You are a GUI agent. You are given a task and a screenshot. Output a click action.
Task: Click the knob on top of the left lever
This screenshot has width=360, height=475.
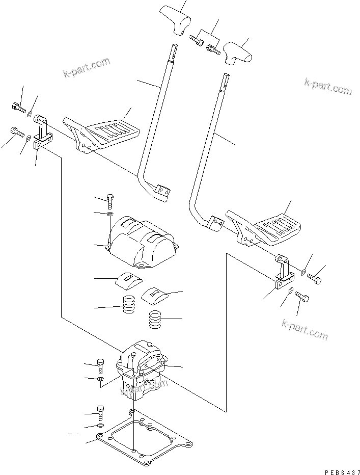(x=175, y=20)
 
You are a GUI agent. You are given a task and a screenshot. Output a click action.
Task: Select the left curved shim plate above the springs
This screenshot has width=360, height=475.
(x=129, y=279)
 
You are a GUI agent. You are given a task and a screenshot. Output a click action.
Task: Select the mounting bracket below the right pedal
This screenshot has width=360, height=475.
(x=283, y=273)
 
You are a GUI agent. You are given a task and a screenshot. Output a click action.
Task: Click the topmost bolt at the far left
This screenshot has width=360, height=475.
(x=17, y=108)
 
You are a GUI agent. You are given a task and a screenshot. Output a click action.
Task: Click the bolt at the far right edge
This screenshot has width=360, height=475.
(x=314, y=279)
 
